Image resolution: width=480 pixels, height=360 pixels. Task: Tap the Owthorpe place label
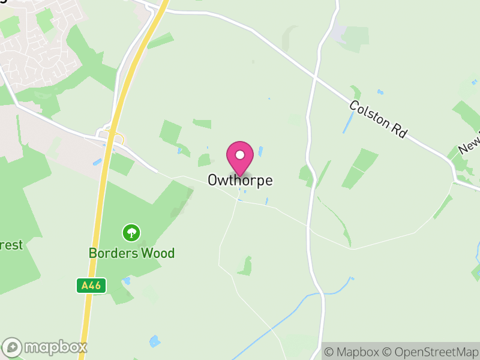pyautogui.click(x=240, y=180)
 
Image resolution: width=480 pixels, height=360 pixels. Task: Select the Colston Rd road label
pyautogui.click(x=378, y=120)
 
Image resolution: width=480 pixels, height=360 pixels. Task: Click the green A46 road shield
pyautogui.click(x=91, y=286)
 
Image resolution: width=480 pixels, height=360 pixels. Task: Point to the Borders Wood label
pyautogui.click(x=131, y=253)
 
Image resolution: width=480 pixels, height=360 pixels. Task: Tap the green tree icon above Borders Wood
pyautogui.click(x=131, y=232)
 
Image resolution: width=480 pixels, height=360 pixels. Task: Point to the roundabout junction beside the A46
pyautogui.click(x=112, y=139)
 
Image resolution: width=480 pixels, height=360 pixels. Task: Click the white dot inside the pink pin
pyautogui.click(x=240, y=155)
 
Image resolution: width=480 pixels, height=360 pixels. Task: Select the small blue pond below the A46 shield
pyautogui.click(x=126, y=280)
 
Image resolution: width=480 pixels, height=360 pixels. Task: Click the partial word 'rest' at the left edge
pyautogui.click(x=11, y=245)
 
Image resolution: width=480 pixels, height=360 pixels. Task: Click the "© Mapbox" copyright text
pyautogui.click(x=352, y=351)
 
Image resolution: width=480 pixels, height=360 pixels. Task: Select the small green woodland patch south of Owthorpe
pyautogui.click(x=245, y=266)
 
